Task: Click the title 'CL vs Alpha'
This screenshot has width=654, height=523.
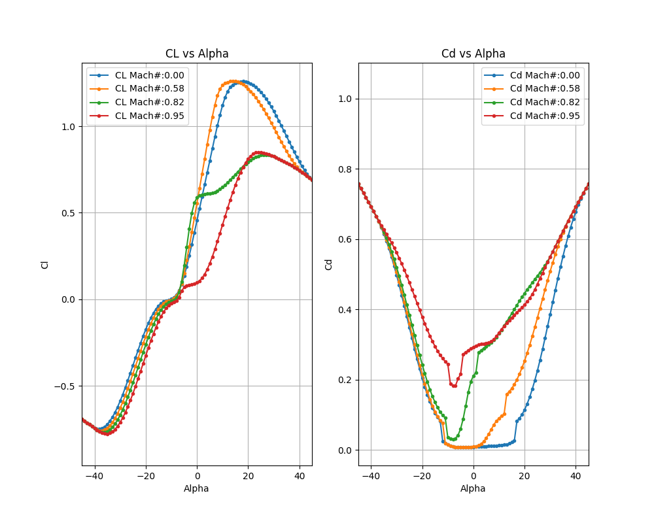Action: (x=197, y=54)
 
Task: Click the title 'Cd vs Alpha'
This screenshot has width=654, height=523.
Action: (x=473, y=54)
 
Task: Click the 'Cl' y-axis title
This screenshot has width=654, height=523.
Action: (x=45, y=264)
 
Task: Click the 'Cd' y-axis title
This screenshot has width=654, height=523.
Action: (x=329, y=264)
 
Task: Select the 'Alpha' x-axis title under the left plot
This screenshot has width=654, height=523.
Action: (x=197, y=488)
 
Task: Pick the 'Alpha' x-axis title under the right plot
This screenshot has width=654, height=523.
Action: (x=473, y=488)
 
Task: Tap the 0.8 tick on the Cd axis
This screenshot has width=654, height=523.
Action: (x=347, y=169)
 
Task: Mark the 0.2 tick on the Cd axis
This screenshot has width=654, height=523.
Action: (x=347, y=380)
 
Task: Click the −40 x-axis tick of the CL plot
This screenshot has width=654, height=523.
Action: (x=95, y=476)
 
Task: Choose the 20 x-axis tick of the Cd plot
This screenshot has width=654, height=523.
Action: (x=525, y=476)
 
